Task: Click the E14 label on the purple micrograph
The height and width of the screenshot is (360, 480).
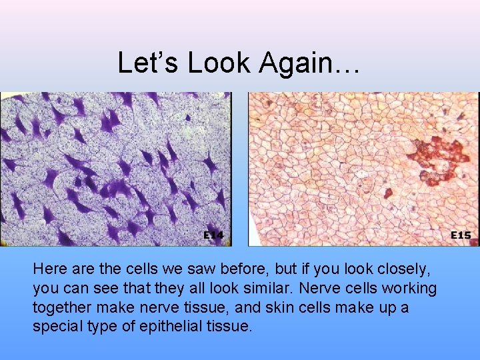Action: click(x=213, y=235)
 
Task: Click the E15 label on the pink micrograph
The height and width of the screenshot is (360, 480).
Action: click(x=461, y=235)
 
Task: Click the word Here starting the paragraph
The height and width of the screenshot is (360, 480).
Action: click(x=48, y=269)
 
